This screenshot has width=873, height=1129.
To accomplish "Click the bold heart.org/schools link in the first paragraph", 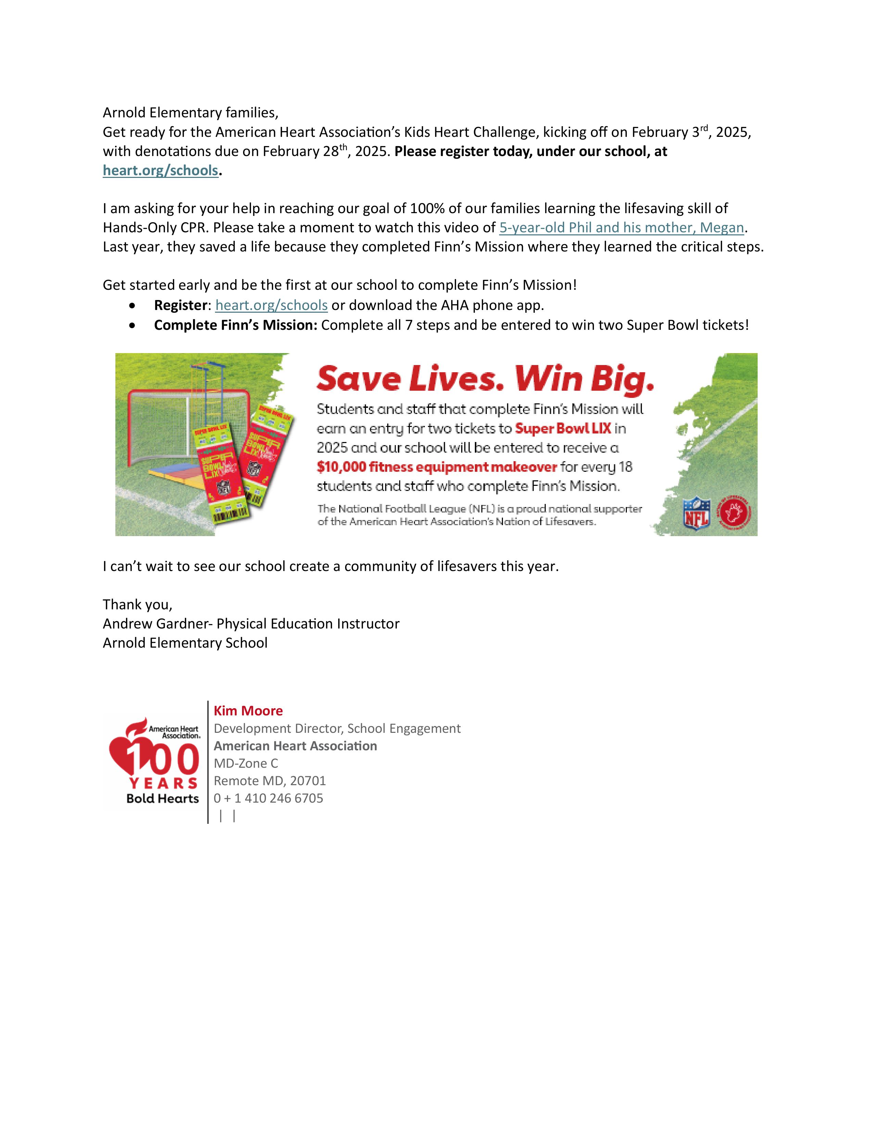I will [160, 171].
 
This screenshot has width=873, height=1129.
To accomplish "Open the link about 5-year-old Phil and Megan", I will [621, 228].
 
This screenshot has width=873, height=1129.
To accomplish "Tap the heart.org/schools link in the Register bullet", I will [271, 305].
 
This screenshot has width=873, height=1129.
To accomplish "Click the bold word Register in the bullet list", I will [180, 305].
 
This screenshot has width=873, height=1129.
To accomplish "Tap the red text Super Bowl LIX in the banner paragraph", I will [563, 429].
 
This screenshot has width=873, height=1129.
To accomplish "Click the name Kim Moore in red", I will [248, 711].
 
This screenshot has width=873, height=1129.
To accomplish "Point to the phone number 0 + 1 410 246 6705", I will [268, 798].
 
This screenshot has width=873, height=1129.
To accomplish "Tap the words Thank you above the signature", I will [137, 605].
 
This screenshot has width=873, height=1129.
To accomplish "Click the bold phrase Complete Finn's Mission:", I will [235, 325].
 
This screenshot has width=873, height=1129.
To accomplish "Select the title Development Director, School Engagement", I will [337, 728].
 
